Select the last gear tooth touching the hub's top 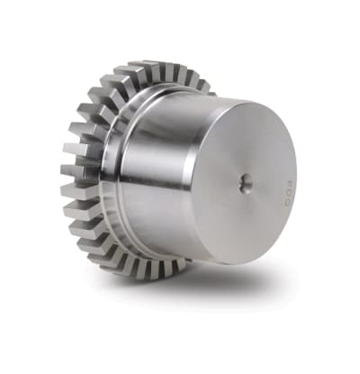coord(203,87)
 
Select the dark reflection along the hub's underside coord(180,248)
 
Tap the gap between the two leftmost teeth coord(72,179)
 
